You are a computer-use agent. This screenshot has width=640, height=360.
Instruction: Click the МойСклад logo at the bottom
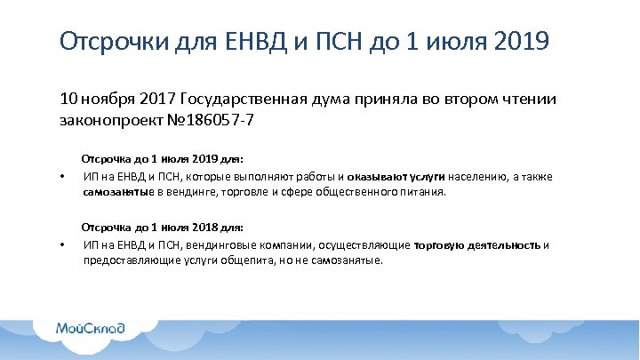[x=90, y=327]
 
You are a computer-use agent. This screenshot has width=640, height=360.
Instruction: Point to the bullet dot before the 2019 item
[x=61, y=176]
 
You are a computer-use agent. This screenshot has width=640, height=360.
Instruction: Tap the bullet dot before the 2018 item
[x=61, y=245]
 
